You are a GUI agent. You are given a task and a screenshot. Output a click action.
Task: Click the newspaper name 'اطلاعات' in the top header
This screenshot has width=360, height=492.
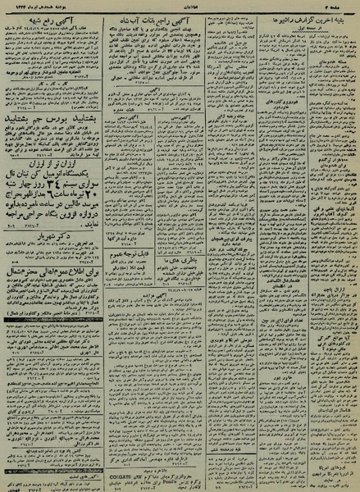[180, 5]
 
